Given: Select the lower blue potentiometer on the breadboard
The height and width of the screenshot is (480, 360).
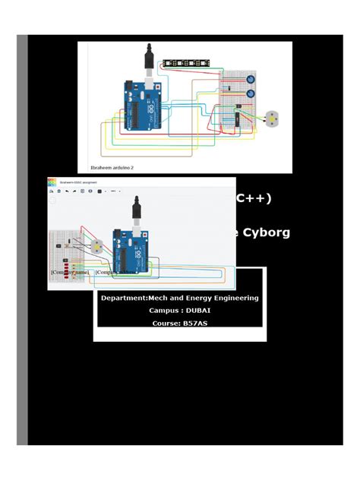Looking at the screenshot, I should pyautogui.click(x=250, y=96).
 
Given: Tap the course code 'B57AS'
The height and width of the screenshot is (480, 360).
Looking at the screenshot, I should pyautogui.click(x=195, y=324).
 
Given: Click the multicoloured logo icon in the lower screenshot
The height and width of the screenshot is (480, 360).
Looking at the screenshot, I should pyautogui.click(x=52, y=183).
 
